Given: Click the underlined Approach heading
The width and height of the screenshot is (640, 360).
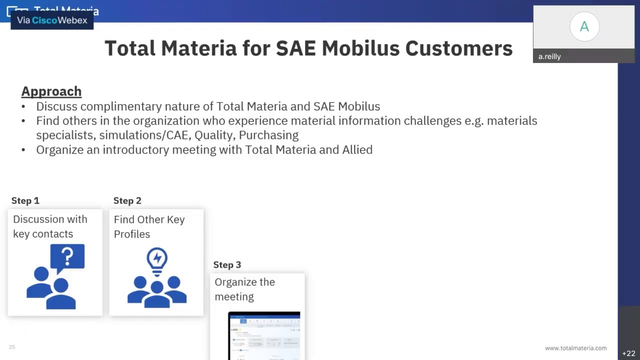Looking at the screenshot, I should [x=51, y=91].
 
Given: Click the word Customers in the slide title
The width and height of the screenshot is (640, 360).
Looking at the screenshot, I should [x=458, y=48].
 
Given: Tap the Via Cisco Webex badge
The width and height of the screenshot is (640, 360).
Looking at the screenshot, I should [x=52, y=20].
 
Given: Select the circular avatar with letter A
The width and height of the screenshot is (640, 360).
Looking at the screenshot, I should [x=584, y=27].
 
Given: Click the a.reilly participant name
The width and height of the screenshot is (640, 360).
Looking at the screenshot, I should [x=549, y=56].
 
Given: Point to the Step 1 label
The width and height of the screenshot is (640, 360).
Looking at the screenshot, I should [x=25, y=200].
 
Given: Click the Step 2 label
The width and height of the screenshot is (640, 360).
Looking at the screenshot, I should [x=127, y=200].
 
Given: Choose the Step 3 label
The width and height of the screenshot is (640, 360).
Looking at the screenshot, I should [x=227, y=264].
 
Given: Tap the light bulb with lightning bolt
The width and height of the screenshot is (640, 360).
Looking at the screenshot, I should [x=157, y=260].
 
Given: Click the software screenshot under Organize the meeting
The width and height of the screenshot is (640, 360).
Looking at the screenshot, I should [x=264, y=335].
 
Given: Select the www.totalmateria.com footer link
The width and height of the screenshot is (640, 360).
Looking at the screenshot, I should [x=575, y=348].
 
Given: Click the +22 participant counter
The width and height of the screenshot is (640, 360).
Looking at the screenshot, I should [x=628, y=353].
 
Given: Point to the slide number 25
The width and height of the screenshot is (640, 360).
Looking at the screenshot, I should [x=12, y=347].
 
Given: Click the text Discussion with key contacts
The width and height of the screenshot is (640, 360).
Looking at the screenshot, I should [x=50, y=226].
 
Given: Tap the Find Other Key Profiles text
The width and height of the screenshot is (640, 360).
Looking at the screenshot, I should [x=149, y=226].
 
